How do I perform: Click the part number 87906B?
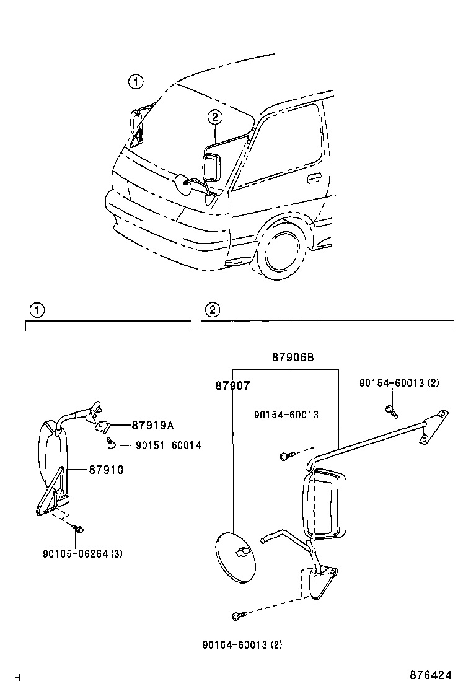[x=293, y=358]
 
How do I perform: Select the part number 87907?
[x=232, y=385]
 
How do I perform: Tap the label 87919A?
[x=152, y=425]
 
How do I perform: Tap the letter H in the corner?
[x=18, y=677]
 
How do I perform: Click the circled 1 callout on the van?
[x=136, y=81]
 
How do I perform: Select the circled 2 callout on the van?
[x=214, y=116]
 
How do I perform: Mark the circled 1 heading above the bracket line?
[x=37, y=310]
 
